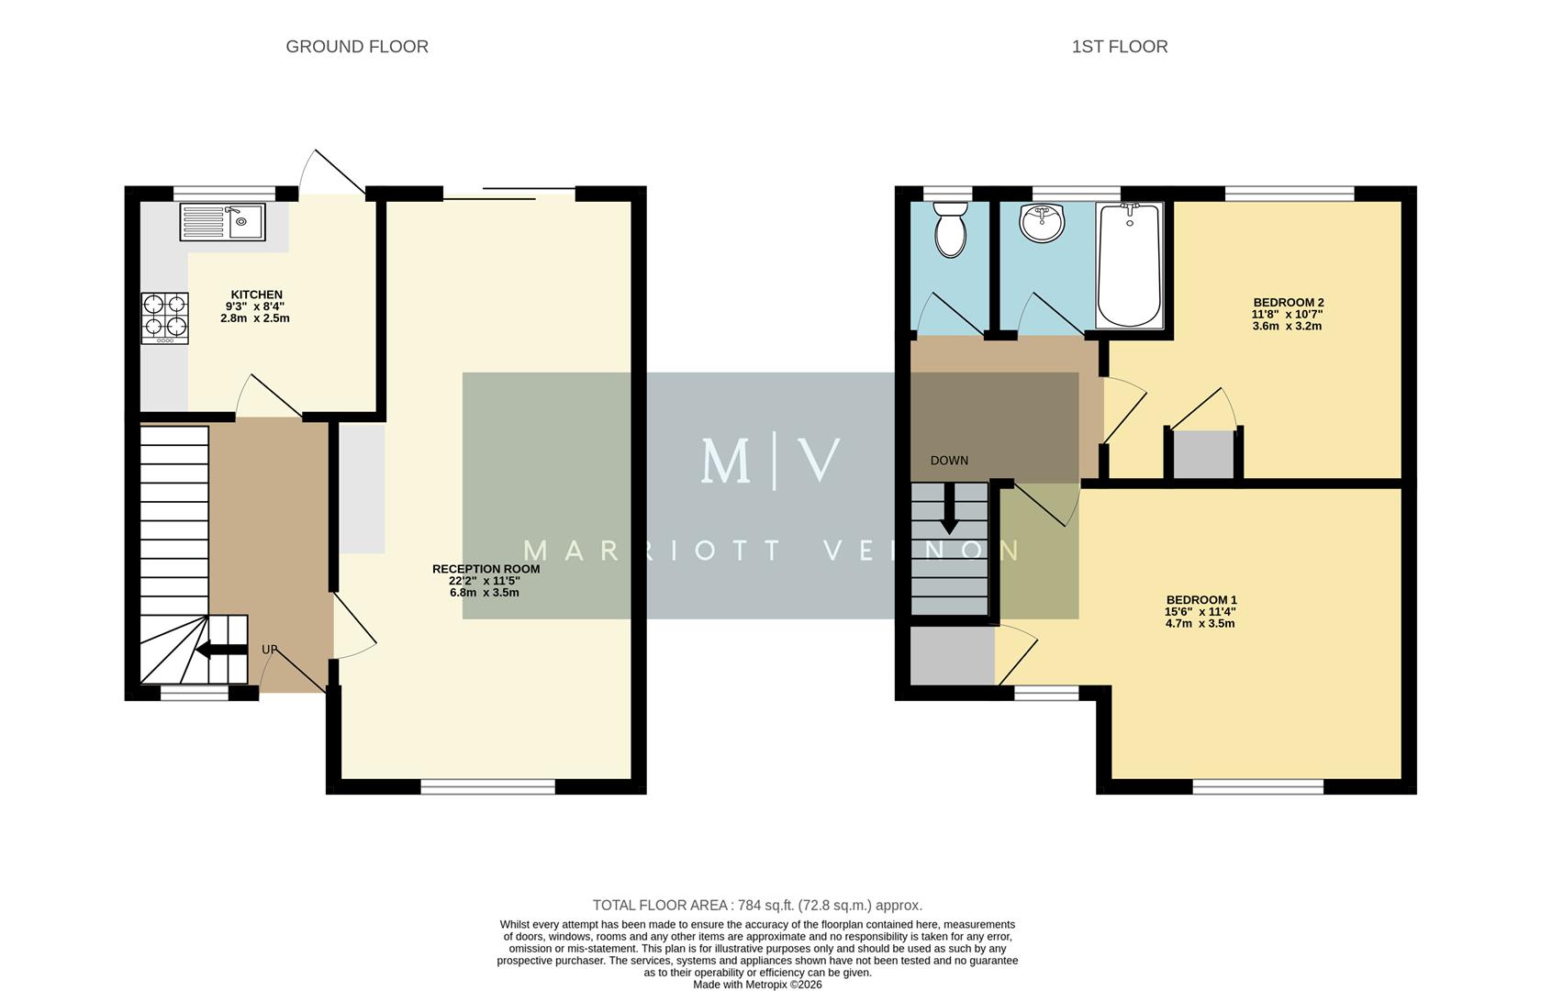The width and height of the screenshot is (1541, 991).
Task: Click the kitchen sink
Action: [223, 221]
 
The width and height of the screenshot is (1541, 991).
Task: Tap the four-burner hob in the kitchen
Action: [164, 317]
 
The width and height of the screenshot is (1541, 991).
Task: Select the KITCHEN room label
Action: [256, 295]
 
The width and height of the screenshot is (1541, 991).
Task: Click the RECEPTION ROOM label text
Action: [486, 569]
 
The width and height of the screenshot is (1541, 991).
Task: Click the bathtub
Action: [1130, 266]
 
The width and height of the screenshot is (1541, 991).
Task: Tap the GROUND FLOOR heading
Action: [357, 47]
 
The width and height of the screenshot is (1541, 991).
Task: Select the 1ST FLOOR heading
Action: [1119, 47]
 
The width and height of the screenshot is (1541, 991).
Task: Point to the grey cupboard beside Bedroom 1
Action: [952, 654]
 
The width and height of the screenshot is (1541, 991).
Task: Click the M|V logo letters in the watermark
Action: [770, 461]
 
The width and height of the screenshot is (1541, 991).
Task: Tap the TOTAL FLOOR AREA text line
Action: [757, 905]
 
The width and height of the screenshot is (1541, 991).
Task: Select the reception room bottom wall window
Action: [487, 786]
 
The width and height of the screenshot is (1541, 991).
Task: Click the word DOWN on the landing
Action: [949, 461]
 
